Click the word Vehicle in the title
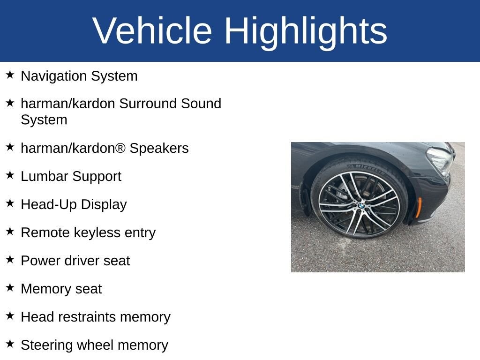[152, 30]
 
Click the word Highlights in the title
[306, 32]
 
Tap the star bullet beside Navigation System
[10, 75]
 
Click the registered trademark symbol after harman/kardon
[120, 148]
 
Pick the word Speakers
[159, 149]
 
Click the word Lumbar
[45, 176]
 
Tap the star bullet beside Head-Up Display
[10, 203]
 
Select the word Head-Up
[49, 205]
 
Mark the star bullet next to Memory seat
[10, 287]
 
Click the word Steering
[47, 345]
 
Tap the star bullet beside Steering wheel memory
[10, 344]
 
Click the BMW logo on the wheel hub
[361, 206]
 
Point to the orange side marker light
[418, 208]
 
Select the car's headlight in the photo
[441, 160]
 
